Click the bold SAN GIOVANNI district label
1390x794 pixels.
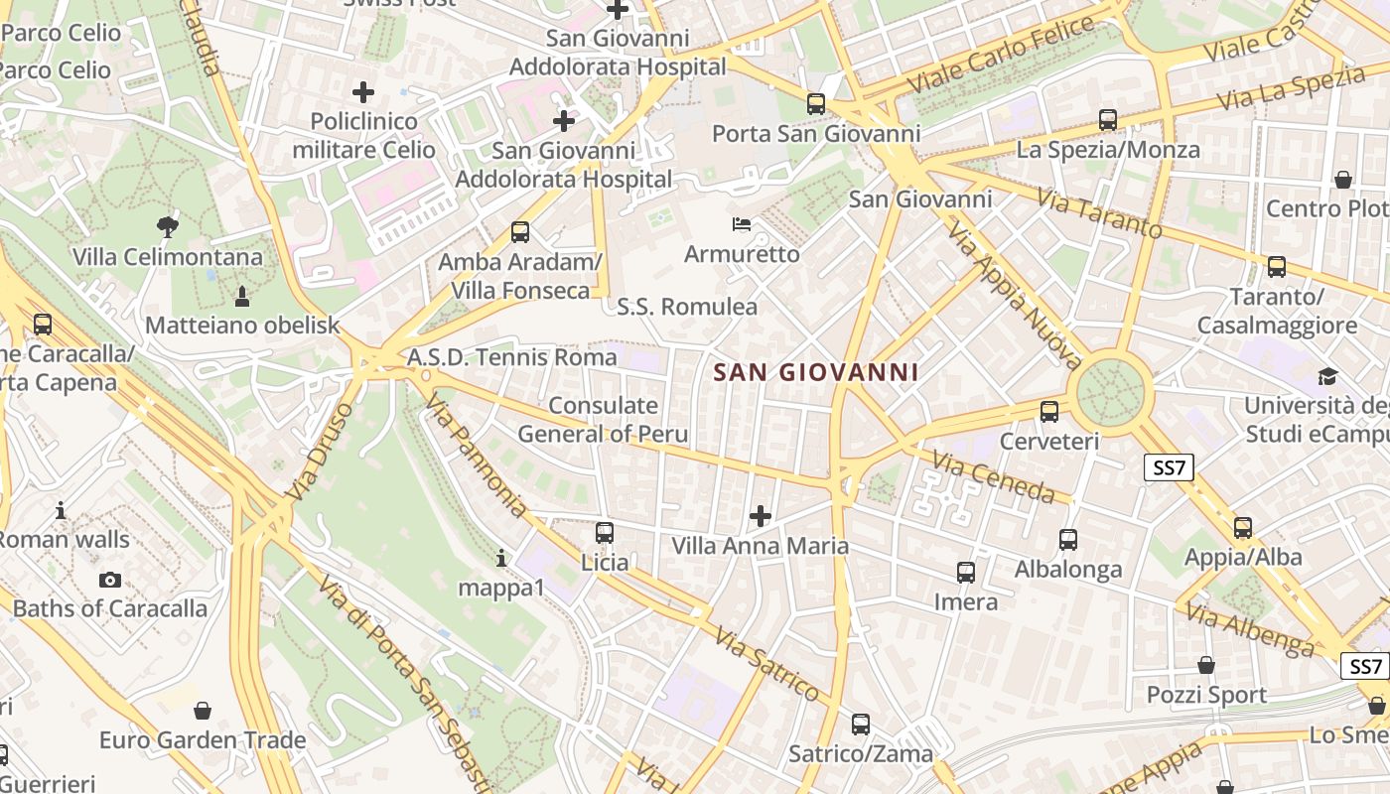point(816,373)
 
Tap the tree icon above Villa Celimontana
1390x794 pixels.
point(168,227)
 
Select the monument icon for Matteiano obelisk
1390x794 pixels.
point(241,296)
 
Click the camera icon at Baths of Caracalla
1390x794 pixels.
point(110,580)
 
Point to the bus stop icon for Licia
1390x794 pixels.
point(604,533)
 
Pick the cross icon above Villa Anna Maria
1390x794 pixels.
point(761,516)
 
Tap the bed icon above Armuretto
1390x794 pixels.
point(741,223)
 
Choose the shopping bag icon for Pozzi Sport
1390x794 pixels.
point(1206,665)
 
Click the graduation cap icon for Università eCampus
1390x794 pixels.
point(1327,376)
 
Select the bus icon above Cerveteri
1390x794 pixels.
point(1049,411)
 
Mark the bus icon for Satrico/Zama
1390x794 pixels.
point(861,725)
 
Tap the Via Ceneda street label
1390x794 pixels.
point(994,475)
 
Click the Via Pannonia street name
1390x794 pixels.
point(476,456)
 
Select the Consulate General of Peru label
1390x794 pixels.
point(603,420)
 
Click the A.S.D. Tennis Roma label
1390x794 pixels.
point(512,357)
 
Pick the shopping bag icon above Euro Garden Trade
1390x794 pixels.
point(203,711)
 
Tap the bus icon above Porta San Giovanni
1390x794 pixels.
point(816,103)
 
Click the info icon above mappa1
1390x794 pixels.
point(501,558)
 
